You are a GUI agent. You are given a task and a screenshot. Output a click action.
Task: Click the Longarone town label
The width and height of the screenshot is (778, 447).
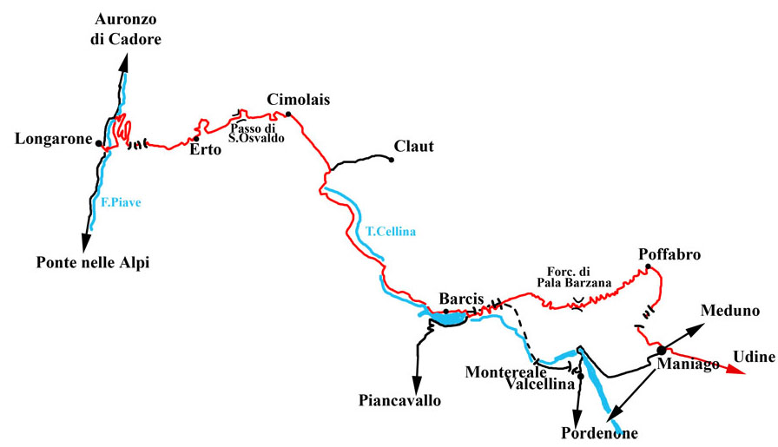click(x=54, y=139)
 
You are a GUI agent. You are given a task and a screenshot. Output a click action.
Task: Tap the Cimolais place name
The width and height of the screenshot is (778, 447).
click(x=299, y=99)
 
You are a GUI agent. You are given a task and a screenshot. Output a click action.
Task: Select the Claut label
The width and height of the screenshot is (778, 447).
click(x=413, y=146)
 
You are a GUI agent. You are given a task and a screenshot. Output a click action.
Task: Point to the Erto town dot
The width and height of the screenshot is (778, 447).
click(x=196, y=139)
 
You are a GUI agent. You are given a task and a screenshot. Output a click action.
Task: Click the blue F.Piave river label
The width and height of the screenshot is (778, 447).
click(x=121, y=205)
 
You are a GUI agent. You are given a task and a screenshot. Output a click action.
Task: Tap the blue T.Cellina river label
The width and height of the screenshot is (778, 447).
click(x=391, y=232)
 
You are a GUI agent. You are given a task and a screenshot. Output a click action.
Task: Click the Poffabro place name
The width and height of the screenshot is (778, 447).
click(x=669, y=254)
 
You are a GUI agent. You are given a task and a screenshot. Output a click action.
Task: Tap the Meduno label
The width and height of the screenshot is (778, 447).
click(x=735, y=311)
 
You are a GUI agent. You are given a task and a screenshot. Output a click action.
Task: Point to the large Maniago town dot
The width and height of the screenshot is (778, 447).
click(x=661, y=350)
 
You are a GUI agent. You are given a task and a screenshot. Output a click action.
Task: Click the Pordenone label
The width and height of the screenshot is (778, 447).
click(x=599, y=433)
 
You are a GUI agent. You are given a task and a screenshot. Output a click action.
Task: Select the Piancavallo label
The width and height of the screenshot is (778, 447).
click(x=399, y=400)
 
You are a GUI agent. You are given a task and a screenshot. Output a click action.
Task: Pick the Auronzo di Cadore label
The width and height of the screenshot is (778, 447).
click(x=126, y=29)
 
